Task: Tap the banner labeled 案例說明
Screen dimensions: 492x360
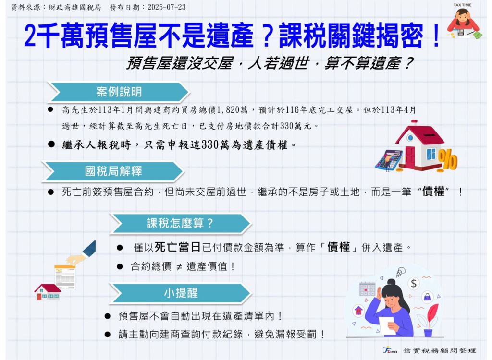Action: [119, 92]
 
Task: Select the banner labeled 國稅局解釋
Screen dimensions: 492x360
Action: [113, 171]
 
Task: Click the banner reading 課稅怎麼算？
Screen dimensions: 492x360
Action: [181, 223]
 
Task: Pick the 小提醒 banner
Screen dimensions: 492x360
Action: [181, 293]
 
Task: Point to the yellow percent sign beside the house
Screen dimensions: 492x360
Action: [448, 159]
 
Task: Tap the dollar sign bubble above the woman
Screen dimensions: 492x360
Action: [414, 284]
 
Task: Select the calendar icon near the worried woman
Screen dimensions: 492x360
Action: [368, 289]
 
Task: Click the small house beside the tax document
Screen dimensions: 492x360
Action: [48, 292]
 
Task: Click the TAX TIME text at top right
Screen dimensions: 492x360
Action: [462, 5]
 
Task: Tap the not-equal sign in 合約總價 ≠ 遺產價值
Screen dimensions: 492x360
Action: [179, 267]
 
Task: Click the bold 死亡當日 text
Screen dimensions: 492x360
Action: [178, 247]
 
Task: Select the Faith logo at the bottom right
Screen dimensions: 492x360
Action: [390, 350]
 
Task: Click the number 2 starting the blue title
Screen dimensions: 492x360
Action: [30, 36]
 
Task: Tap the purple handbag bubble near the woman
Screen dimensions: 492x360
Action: [427, 297]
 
